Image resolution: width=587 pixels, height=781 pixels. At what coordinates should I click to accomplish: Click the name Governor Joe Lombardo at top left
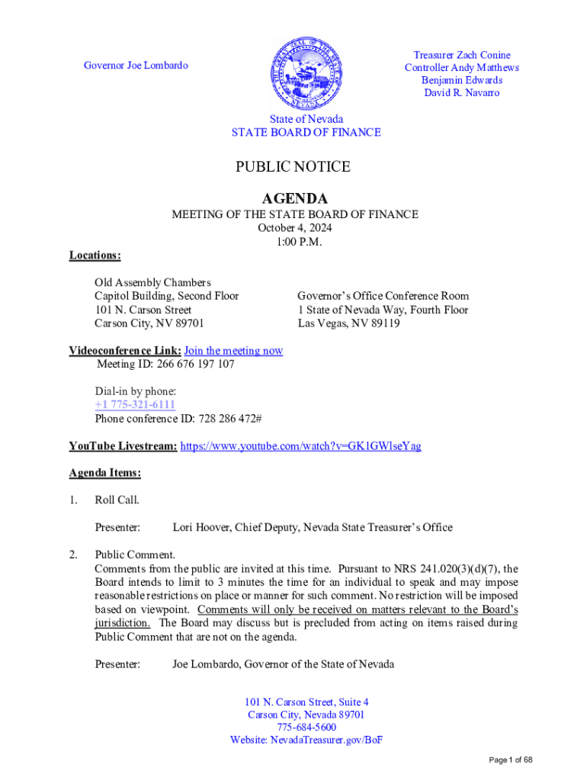(x=136, y=66)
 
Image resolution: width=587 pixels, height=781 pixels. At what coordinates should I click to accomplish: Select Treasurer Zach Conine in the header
(x=462, y=55)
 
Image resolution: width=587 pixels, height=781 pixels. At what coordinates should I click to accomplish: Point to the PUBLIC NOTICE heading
(x=293, y=167)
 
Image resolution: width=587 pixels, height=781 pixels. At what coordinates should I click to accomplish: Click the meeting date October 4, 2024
(x=294, y=228)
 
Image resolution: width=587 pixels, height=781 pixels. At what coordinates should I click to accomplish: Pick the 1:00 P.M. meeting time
(x=294, y=242)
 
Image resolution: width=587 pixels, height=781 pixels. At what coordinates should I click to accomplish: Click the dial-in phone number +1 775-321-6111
(x=135, y=405)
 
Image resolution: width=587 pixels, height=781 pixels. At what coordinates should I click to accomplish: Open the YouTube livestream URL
(x=300, y=445)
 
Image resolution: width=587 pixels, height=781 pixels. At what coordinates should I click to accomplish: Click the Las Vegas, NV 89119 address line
(x=348, y=323)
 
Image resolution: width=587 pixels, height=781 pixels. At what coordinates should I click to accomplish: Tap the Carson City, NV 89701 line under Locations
(x=149, y=323)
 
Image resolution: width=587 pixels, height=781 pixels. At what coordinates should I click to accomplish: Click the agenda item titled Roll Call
(x=117, y=500)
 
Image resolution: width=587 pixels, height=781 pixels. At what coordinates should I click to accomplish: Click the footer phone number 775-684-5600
(x=306, y=727)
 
